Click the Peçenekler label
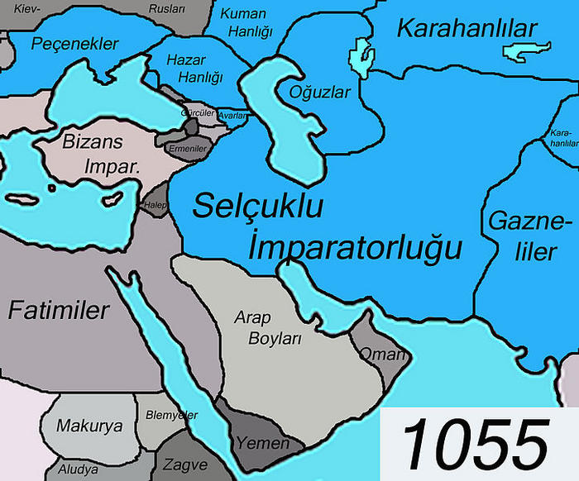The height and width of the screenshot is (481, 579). [75, 44]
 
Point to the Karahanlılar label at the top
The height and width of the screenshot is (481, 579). [467, 29]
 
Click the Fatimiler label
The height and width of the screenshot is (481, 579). [60, 311]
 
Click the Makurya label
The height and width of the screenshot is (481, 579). [89, 426]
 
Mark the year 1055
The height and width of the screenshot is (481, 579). [478, 443]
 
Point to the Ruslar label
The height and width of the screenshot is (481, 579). [167, 9]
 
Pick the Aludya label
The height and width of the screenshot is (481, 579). [77, 469]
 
